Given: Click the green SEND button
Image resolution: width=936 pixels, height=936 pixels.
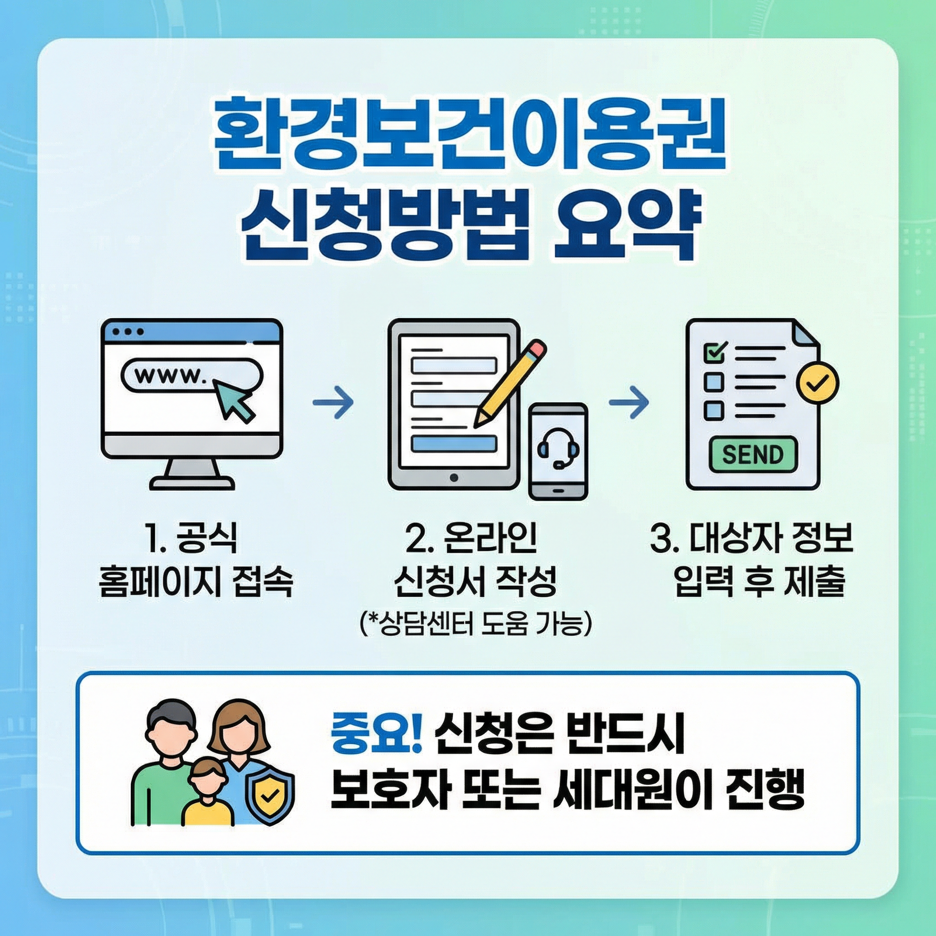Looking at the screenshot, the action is pyautogui.click(x=752, y=454).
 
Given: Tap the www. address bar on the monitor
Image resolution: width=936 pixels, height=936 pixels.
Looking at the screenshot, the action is pyautogui.click(x=192, y=374).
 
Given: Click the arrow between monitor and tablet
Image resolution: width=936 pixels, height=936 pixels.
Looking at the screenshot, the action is pyautogui.click(x=333, y=402).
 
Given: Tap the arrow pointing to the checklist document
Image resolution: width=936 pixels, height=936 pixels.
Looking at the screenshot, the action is pyautogui.click(x=629, y=402).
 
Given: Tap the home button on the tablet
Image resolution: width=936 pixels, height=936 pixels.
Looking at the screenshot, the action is pyautogui.click(x=454, y=478).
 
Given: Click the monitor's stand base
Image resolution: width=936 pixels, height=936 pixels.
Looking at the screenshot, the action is pyautogui.click(x=192, y=483).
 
